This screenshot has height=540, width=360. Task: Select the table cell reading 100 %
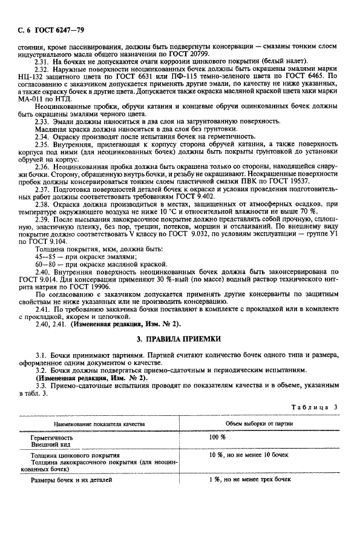pyautogui.click(x=217, y=436)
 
